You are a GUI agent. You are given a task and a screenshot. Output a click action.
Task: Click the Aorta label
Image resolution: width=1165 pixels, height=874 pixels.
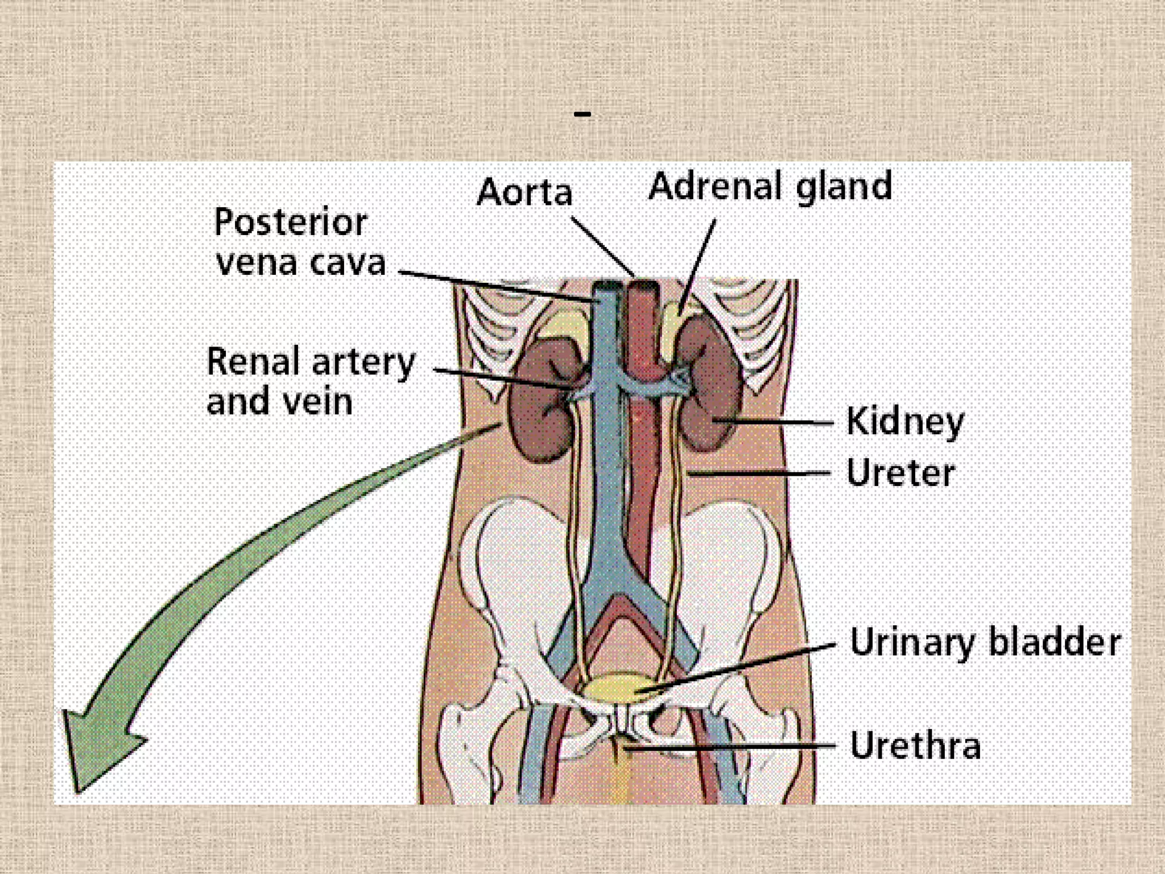(x=524, y=192)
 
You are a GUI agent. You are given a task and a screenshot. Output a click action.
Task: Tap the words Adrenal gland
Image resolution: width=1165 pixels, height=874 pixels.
(x=770, y=187)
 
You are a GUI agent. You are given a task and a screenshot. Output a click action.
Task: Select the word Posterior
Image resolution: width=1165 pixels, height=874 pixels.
(x=290, y=222)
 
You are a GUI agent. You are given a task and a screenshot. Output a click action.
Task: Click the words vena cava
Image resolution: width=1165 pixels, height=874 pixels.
(x=301, y=263)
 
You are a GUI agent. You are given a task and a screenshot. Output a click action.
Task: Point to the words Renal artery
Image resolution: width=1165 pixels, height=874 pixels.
(x=311, y=362)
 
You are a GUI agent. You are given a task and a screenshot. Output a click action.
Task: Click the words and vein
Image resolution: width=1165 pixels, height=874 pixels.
(x=279, y=402)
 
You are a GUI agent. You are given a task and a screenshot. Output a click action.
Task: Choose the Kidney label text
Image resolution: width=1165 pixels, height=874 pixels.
(x=905, y=422)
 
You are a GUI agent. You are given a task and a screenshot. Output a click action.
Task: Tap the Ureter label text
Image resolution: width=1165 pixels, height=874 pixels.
(x=900, y=473)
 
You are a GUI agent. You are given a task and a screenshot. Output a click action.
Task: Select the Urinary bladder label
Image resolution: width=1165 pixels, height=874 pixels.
(x=985, y=643)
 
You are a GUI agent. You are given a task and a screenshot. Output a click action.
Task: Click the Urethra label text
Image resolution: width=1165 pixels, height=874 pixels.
(x=915, y=745)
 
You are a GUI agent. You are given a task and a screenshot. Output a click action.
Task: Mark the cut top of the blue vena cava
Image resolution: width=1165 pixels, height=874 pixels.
(x=608, y=287)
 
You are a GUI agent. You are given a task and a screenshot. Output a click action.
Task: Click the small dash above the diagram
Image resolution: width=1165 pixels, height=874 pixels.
(x=582, y=114)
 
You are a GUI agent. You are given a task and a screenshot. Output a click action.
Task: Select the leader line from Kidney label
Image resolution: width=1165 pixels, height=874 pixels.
(x=779, y=422)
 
